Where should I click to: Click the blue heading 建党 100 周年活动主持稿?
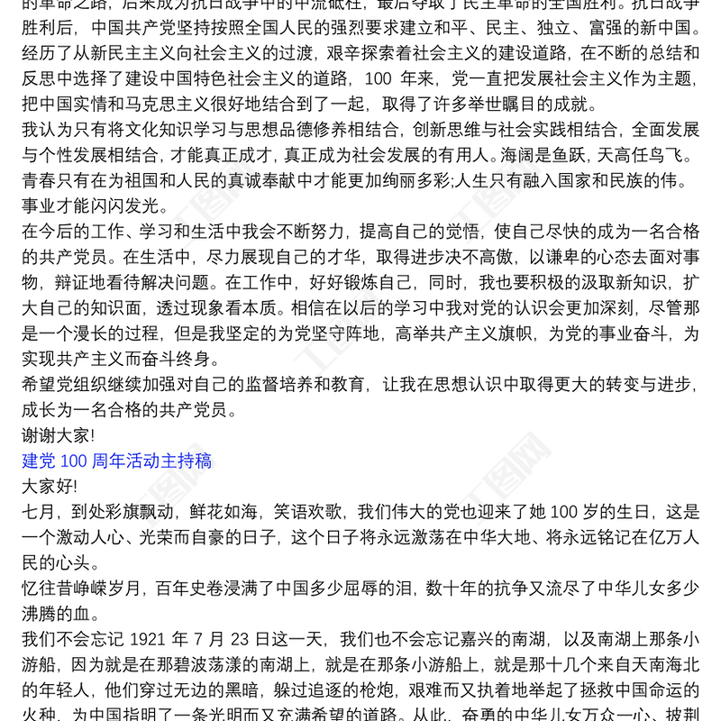pyautogui.click(x=117, y=461)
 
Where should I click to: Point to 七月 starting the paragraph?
pyautogui.click(x=39, y=512)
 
